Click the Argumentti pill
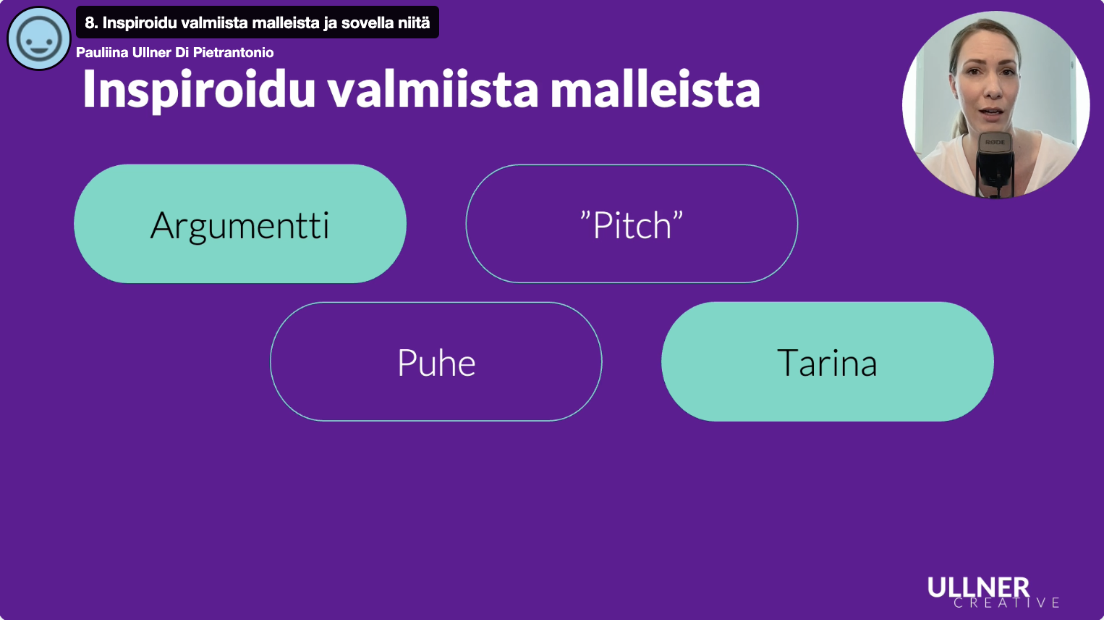pos(240,224)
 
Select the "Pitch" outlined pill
pos(632,224)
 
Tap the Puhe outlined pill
pos(436,361)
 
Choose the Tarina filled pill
pos(828,361)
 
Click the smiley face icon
pos(39,38)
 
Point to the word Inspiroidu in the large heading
pos(199,90)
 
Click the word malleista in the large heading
pos(655,90)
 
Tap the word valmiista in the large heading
pos(433,90)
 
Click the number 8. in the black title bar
pos(90,22)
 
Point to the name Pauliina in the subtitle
pos(102,52)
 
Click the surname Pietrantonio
pos(233,52)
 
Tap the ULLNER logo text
pos(979,587)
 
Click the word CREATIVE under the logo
pos(1006,603)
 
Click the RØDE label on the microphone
pos(995,142)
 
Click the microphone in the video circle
pos(995,163)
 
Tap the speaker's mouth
pos(992,113)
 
